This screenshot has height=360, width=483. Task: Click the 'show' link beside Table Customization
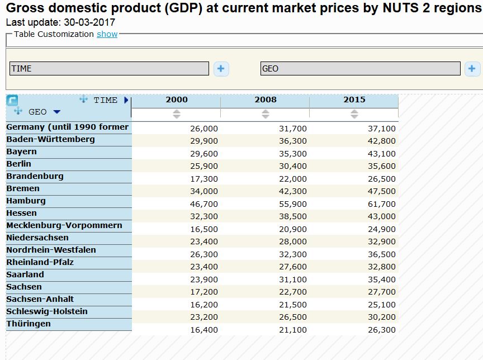107,34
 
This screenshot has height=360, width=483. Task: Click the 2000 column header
176,100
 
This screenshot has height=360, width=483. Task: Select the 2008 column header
265,100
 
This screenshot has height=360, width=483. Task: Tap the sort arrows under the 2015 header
354,114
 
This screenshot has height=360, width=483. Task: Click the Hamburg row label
26,201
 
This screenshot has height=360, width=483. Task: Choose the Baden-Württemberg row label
50,139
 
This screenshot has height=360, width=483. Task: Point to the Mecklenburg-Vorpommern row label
64,225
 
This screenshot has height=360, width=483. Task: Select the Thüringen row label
29,324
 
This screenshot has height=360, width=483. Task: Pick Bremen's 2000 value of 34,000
203,191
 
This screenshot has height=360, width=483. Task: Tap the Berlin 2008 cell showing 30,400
292,166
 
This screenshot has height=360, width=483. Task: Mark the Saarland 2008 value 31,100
292,280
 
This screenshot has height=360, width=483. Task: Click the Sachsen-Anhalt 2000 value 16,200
203,305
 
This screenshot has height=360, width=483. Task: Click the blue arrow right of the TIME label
126,100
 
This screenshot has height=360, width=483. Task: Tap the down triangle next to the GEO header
56,112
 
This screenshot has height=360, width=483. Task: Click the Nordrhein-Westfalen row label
51,250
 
